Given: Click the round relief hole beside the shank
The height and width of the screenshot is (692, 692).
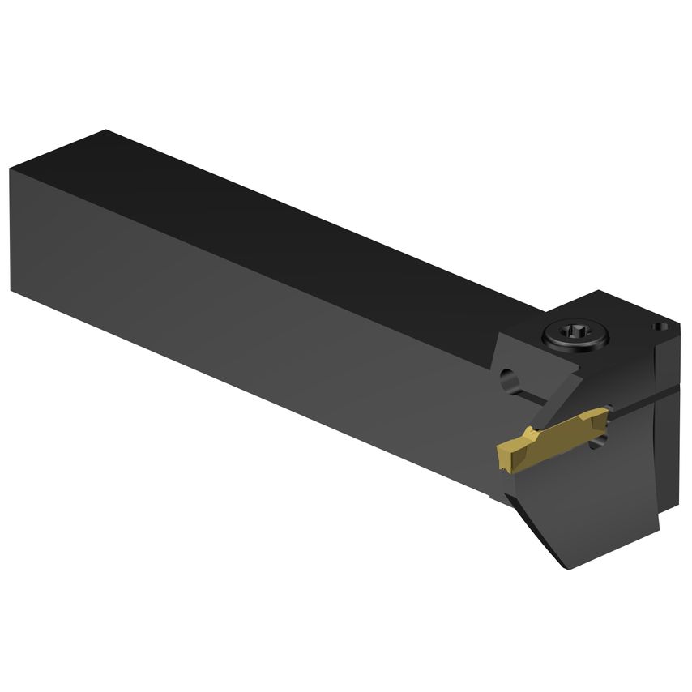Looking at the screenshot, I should coord(509,377).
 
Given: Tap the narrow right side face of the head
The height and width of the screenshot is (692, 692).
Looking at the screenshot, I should coord(669,438).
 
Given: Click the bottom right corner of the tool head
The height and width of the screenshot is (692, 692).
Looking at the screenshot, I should coord(658,531).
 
